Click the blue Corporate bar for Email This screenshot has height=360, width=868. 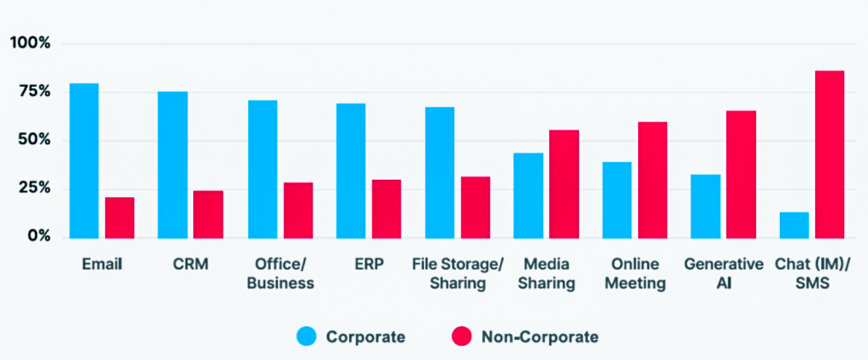84,161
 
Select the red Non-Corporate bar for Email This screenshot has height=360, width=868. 120,218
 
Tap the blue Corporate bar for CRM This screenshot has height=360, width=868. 173,165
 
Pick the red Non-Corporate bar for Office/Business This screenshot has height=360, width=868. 298,210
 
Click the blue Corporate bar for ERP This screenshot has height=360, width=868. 351,171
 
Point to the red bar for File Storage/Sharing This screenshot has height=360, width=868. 475,207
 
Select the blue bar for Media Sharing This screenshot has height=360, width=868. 528,196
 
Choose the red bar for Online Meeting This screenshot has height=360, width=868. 652,180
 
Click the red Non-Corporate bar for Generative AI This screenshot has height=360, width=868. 741,174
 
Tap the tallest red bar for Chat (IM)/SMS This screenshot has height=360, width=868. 829,155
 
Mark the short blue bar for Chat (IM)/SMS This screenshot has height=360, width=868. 794,225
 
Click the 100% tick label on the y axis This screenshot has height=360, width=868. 31,43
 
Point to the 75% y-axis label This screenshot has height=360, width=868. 35,92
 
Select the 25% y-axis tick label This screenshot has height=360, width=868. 35,188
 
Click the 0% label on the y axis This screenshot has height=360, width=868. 39,236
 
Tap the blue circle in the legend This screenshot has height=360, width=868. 307,336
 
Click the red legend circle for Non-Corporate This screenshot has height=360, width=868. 462,336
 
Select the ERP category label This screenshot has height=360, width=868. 370,264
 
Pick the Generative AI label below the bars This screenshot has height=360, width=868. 724,274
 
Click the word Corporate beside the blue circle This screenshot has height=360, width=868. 366,337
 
